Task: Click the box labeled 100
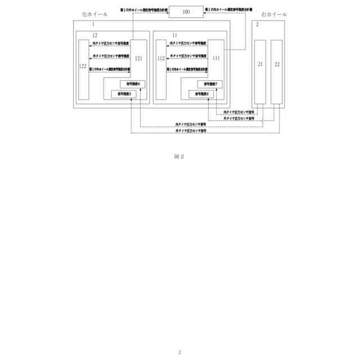186,11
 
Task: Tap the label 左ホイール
94,14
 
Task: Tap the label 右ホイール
274,14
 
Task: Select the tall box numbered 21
260,71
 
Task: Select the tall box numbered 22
277,71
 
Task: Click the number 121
139,58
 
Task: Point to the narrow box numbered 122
83,70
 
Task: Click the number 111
217,58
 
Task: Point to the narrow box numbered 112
161,70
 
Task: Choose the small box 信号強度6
132,84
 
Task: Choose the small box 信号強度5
124,93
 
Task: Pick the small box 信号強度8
201,93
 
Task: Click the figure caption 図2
179,156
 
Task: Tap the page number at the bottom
179,352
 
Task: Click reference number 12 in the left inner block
95,35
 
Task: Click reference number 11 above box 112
175,35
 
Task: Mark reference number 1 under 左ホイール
93,25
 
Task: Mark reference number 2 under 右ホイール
258,25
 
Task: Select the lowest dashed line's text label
191,130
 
